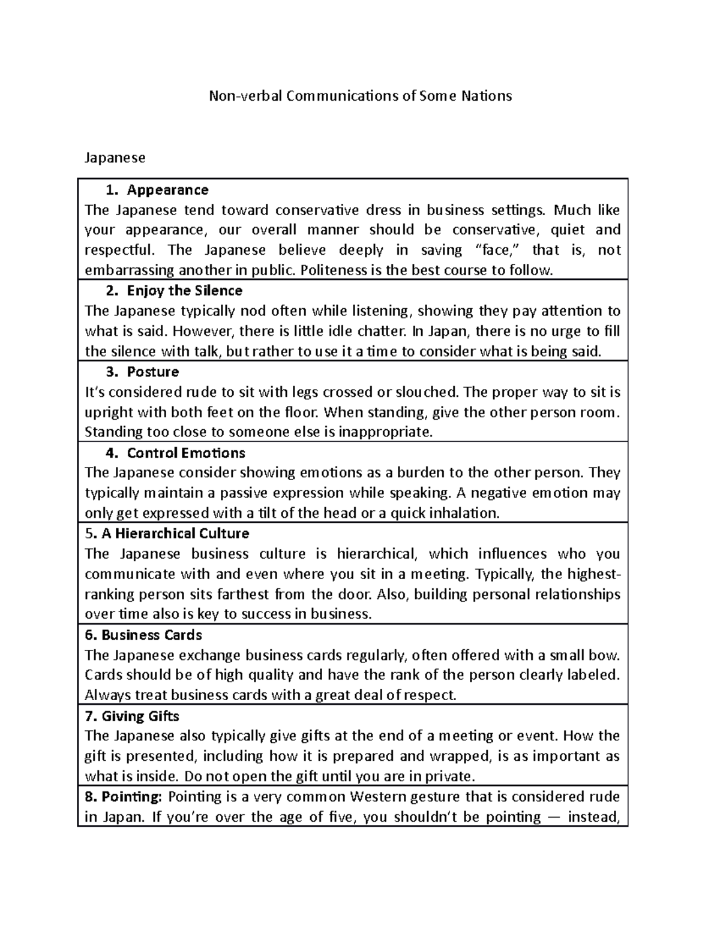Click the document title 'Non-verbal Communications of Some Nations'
coord(359,96)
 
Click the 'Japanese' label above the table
coord(115,158)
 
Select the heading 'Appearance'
coord(167,190)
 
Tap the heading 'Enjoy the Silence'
coord(184,291)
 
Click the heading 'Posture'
coord(152,372)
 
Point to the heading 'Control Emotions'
coord(186,453)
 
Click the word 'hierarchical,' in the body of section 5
coord(374,554)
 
